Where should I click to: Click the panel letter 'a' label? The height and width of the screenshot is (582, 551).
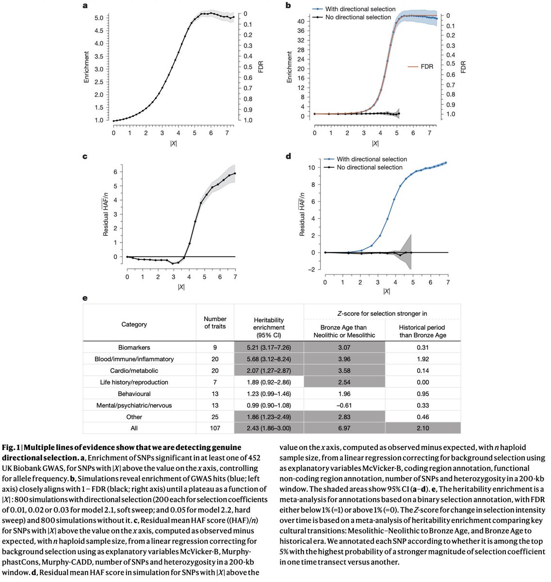click(85, 6)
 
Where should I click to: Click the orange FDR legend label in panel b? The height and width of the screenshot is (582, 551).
click(427, 66)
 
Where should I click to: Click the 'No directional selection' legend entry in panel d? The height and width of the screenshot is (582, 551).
click(370, 167)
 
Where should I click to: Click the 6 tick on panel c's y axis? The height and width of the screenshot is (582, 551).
click(115, 172)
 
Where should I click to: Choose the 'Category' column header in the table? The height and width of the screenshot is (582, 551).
click(134, 324)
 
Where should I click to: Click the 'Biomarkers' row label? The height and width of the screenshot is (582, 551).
click(134, 347)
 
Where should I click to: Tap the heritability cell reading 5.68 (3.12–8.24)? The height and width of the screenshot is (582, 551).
click(269, 359)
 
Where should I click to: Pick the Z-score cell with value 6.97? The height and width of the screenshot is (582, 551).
click(344, 428)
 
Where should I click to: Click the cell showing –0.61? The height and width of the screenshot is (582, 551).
click(344, 405)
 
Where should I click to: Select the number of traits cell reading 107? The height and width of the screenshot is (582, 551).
click(215, 428)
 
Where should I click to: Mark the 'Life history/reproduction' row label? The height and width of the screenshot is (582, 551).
click(134, 382)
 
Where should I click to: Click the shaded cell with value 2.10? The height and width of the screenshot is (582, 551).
click(422, 428)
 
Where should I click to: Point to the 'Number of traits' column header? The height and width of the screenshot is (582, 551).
click(215, 323)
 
